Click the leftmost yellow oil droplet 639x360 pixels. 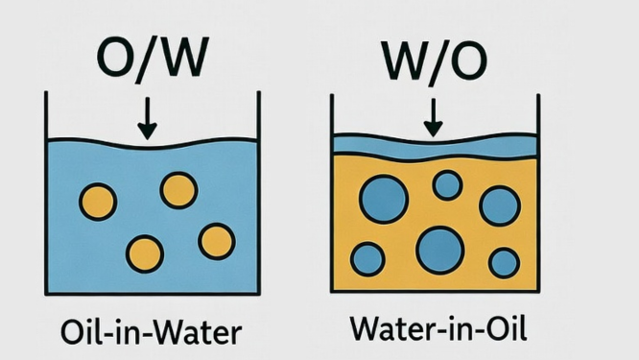96,202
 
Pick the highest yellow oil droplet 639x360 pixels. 178,190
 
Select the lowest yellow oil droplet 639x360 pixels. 145,252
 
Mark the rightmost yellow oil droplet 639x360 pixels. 217,240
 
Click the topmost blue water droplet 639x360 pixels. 447,184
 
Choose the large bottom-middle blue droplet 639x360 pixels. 439,251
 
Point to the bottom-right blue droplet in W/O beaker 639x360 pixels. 504,262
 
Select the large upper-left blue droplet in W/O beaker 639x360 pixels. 382,200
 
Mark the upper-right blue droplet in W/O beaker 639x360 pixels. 499,205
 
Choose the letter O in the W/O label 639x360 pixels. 468,60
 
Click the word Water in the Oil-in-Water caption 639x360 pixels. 201,331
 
